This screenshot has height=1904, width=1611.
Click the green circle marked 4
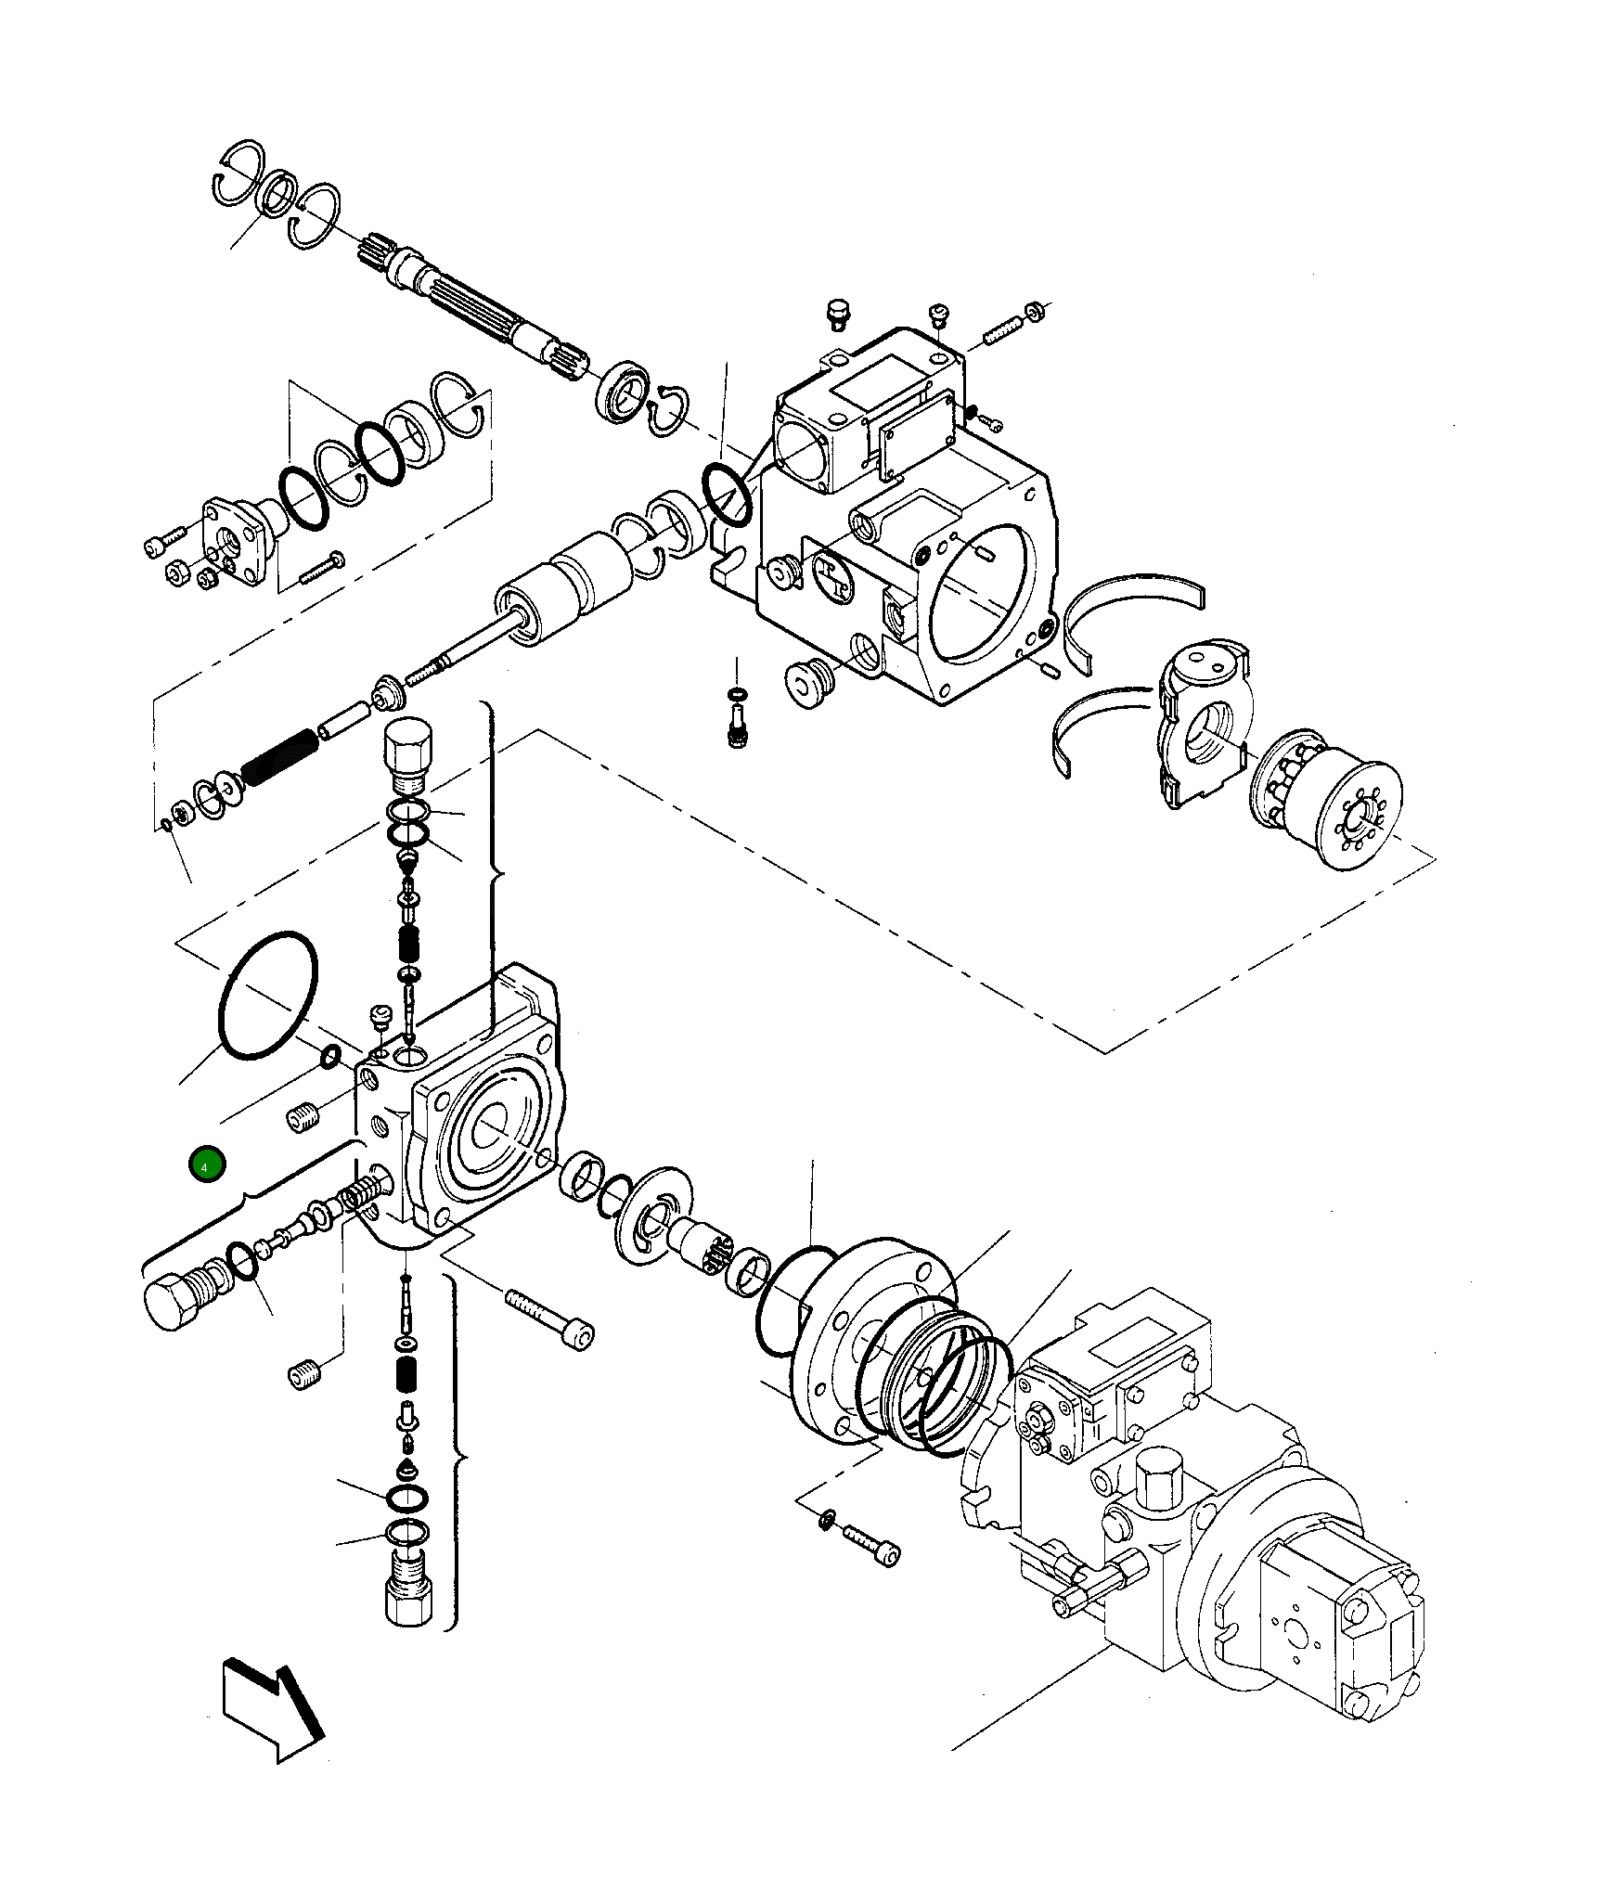coord(206,1165)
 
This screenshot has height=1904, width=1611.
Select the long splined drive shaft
coord(473,303)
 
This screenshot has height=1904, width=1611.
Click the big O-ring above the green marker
coord(267,995)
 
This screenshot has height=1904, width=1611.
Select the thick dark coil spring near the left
coord(278,757)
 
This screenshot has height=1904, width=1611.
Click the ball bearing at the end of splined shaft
coord(622,390)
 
